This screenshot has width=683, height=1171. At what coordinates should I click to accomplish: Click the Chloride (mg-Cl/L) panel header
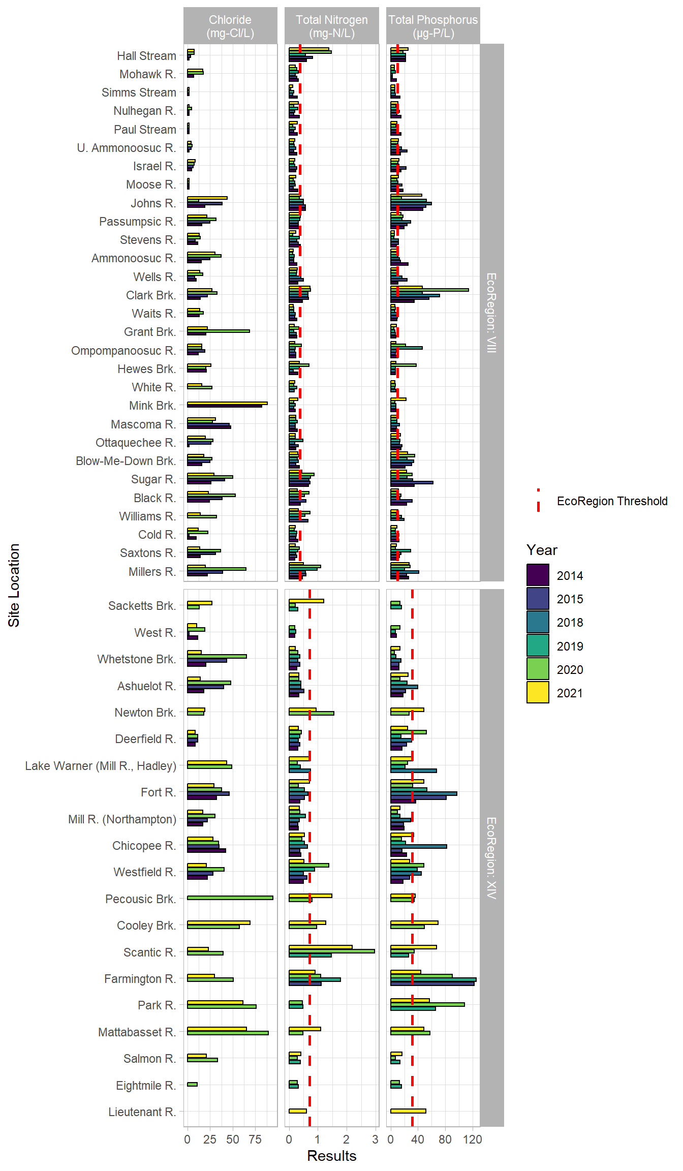(230, 26)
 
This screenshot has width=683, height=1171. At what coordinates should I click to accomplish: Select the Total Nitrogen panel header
(332, 26)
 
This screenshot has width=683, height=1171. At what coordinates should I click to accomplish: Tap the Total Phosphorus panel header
(433, 26)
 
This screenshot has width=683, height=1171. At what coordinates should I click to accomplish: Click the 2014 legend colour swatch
(538, 575)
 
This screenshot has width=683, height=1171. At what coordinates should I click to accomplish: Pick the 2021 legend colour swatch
(538, 693)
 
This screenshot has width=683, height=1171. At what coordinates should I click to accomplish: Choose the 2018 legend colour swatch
(538, 622)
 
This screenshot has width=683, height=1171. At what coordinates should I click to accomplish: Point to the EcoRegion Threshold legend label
(612, 501)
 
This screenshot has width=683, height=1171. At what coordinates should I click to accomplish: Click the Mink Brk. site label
(152, 406)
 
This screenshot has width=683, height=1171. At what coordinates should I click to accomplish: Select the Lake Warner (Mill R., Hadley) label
(101, 766)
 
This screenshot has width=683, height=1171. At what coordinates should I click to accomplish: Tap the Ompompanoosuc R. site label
(123, 351)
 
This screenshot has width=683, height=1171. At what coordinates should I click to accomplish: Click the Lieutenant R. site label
(142, 1112)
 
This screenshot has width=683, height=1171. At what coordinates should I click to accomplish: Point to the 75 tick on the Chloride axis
(255, 1139)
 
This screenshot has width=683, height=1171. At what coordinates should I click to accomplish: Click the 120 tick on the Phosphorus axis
(473, 1139)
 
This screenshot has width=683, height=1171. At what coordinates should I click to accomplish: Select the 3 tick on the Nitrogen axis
(375, 1139)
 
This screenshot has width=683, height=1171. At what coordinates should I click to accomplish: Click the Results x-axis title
(332, 1156)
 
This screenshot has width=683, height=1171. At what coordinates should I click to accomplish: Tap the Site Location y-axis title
(14, 585)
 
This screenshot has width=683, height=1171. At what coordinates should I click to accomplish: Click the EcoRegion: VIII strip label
(491, 313)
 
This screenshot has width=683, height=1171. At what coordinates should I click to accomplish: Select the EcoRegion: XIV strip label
(491, 858)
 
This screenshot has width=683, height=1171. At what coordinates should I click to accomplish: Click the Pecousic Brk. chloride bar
(230, 898)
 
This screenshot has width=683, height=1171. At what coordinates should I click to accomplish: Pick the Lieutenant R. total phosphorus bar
(408, 1111)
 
